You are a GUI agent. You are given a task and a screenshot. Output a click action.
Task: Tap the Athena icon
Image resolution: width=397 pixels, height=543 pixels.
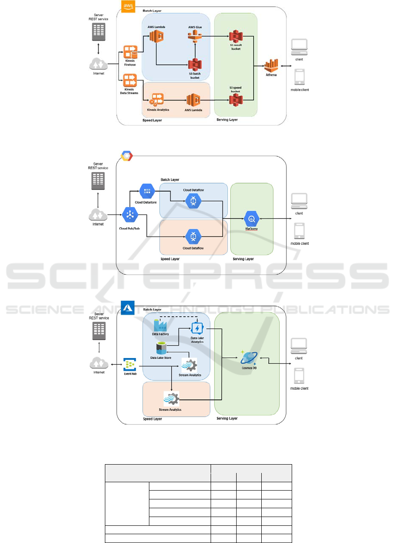[271, 65]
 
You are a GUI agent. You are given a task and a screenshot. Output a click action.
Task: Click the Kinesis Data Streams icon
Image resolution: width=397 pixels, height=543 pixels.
[130, 80]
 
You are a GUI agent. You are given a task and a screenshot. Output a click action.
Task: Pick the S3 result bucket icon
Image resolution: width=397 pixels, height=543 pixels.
[234, 37]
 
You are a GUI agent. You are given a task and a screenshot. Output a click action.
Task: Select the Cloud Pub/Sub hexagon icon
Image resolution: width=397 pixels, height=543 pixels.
[130, 215]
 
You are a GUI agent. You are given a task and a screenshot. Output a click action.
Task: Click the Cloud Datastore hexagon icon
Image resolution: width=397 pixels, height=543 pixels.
[147, 191]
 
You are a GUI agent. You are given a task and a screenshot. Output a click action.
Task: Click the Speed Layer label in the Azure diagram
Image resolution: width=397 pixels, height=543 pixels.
[152, 419]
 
